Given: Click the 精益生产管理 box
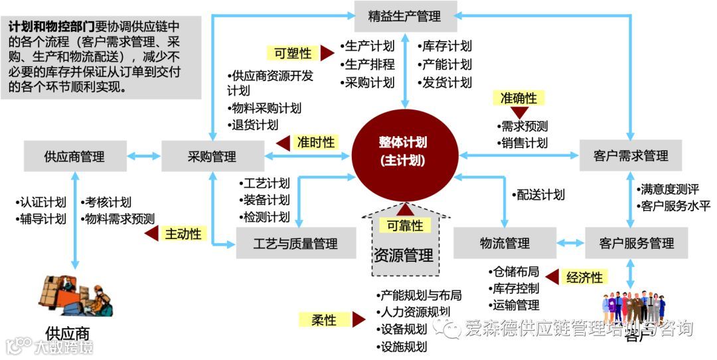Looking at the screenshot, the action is pos(404,16).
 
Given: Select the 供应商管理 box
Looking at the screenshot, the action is pos(74,157).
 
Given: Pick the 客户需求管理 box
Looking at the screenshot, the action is pos(630,156).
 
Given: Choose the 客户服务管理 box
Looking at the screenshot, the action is pos(635,243).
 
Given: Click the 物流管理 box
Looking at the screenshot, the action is pos(505,243).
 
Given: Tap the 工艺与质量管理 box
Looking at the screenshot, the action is pos(295,244).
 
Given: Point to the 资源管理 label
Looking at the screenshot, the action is pos(403,255).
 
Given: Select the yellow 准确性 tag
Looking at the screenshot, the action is pos(518,98).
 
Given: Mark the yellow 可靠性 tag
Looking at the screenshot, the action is pos(404,226).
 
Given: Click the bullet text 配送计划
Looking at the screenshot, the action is pos(540,195).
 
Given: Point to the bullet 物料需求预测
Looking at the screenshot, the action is pos(119,219).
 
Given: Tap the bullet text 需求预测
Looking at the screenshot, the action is pos(524,126).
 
